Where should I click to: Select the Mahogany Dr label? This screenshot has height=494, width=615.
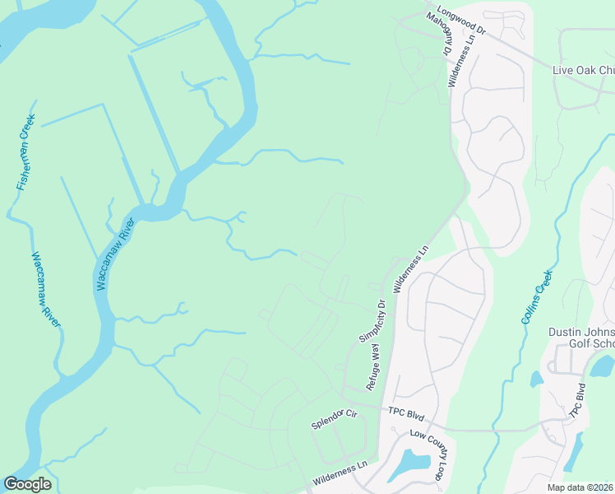[x=443, y=37]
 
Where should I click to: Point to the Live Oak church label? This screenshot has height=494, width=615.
[x=582, y=70]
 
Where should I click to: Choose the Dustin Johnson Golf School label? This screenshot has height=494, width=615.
[x=581, y=338]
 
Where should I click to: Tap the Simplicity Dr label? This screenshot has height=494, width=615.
[x=372, y=321]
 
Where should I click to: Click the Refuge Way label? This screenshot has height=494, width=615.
[x=376, y=368]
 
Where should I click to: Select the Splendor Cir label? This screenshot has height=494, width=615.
[x=335, y=420]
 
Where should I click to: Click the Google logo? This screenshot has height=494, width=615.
[x=27, y=484]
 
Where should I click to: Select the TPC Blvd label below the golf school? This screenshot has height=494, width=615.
[x=579, y=400]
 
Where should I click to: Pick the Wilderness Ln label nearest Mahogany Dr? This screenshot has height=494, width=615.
[x=460, y=61]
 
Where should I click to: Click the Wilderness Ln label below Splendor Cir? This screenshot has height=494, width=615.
[x=340, y=474]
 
